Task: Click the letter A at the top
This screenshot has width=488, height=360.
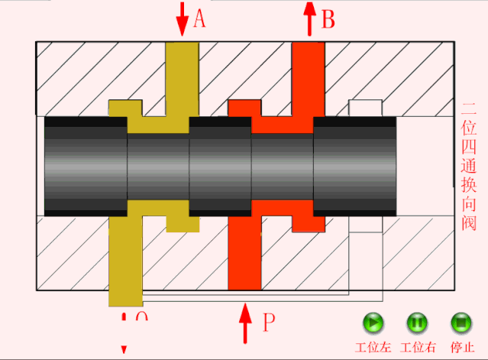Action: [x=199, y=18]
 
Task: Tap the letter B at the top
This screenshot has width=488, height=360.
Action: [x=328, y=18]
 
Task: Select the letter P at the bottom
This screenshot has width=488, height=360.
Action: [x=268, y=323]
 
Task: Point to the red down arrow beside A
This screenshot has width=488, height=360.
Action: [x=181, y=19]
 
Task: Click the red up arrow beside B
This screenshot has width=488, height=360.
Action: [x=309, y=18]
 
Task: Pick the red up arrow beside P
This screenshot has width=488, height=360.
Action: [x=245, y=323]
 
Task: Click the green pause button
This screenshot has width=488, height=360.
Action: [x=417, y=323]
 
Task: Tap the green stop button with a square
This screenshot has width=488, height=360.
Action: [x=461, y=323]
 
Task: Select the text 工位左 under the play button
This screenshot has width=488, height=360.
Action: [x=373, y=346]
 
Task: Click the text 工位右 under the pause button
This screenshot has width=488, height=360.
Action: [x=418, y=346]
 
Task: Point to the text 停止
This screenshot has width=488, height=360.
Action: [x=461, y=346]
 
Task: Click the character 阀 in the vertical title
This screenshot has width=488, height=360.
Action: [x=469, y=224]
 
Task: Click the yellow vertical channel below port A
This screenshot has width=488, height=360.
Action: [x=181, y=76]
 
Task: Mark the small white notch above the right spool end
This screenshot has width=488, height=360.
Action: [x=365, y=107]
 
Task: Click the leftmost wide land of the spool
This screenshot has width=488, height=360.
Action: [x=86, y=165]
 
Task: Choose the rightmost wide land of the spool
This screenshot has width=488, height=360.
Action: [x=354, y=165]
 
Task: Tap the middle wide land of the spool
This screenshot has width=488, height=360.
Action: [x=220, y=165]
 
